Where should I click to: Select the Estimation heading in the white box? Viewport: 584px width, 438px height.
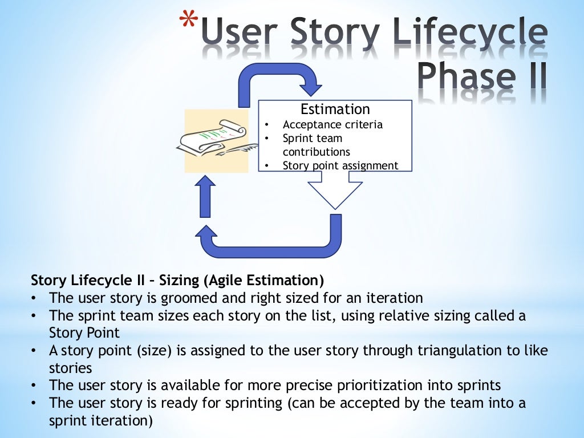[x=335, y=109]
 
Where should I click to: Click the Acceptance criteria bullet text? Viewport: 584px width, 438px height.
[x=332, y=124]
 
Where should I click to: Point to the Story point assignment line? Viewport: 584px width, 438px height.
[x=340, y=165]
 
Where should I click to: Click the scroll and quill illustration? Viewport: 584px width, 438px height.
[x=216, y=141]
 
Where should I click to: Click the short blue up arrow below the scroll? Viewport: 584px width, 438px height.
[x=205, y=196]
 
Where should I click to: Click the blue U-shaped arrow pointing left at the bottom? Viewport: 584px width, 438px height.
[x=274, y=242]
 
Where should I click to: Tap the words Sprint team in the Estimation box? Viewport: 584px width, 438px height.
[x=313, y=138]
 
